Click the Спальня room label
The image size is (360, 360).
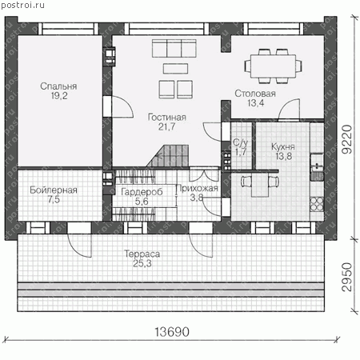[58, 86]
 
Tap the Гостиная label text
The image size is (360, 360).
[167, 117]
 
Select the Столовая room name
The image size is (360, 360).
[255, 94]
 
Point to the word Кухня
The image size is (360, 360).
[283, 146]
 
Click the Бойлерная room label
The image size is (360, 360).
[54, 190]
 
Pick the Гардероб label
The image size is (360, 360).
[142, 192]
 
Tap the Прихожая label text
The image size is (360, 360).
[197, 188]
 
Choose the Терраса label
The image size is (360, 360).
[142, 254]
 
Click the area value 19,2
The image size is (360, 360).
[59, 96]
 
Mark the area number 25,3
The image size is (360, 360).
[142, 263]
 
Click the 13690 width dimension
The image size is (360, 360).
[172, 332]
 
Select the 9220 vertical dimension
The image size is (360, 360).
[347, 139]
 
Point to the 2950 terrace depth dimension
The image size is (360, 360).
[347, 277]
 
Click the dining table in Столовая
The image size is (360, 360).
[273, 66]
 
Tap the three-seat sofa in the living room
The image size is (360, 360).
[174, 48]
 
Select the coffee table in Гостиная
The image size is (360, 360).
[175, 69]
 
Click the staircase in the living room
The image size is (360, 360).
[167, 156]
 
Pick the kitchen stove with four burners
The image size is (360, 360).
[317, 204]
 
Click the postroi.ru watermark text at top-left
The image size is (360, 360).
[22, 5]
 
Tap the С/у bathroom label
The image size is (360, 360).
[241, 142]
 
